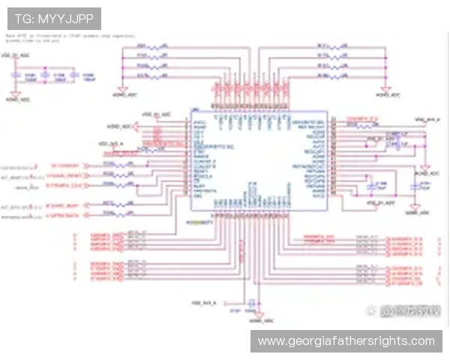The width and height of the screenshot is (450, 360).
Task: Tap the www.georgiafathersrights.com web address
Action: pyautogui.click(x=346, y=341)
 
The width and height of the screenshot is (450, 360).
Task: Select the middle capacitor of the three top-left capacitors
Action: pyautogui.click(x=44, y=76)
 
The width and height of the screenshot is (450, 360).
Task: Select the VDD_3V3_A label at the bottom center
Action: pyautogui.click(x=203, y=301)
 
